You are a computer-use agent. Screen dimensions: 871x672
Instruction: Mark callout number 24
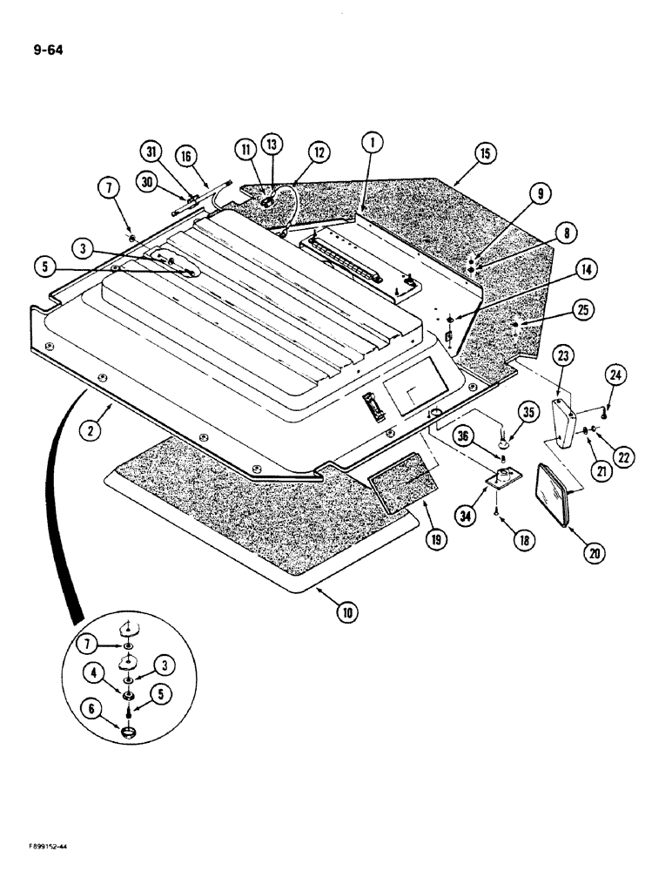(x=616, y=375)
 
